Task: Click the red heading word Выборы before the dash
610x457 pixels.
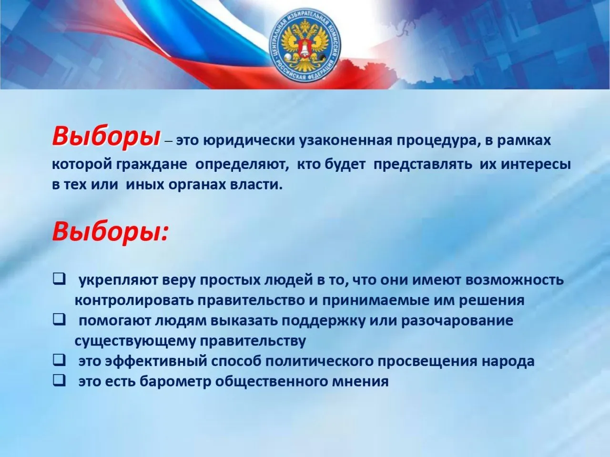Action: (106, 137)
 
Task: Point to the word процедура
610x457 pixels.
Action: (436, 141)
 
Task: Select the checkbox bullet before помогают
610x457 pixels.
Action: (59, 320)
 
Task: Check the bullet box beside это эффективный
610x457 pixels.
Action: (59, 361)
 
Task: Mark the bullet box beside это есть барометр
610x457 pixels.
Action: (59, 381)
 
